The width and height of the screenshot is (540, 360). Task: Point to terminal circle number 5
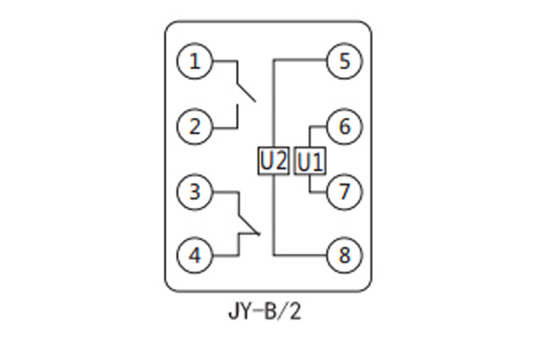[x=343, y=62]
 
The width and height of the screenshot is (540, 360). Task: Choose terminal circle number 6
[x=343, y=126]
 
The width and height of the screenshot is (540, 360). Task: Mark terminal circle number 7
[x=343, y=191]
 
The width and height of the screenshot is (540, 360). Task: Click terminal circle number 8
[x=343, y=255]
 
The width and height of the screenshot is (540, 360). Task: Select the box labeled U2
[x=273, y=161]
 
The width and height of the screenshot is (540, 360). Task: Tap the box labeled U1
[x=310, y=161]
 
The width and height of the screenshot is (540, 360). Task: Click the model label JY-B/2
[x=270, y=314]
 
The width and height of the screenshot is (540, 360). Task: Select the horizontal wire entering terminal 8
[x=301, y=255]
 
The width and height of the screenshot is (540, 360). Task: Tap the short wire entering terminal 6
[x=319, y=126]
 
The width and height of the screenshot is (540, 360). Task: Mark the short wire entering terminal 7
[x=319, y=191]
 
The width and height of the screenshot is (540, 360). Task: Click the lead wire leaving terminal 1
[x=222, y=62]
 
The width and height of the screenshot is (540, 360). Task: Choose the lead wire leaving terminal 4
[x=222, y=255]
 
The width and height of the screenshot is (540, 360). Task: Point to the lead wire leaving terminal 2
[x=222, y=126]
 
